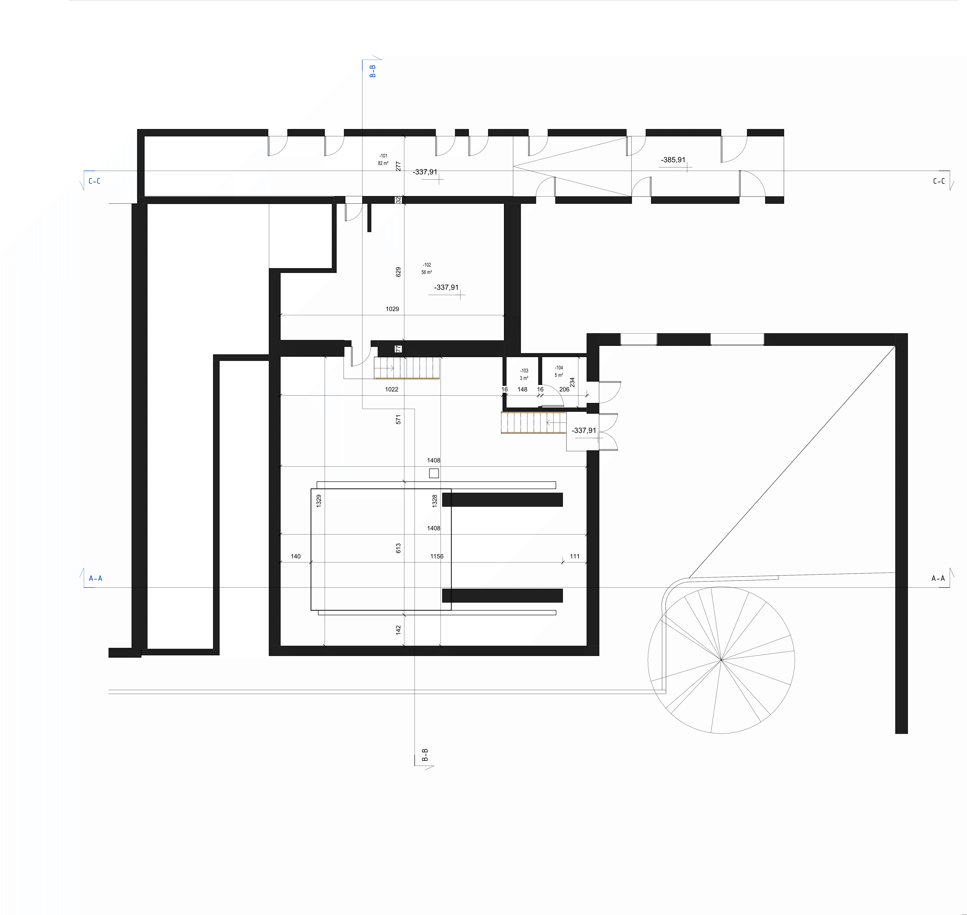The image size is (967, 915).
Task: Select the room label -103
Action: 524,371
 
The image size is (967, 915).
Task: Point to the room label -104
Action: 559,368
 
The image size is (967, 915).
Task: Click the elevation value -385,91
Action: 673,160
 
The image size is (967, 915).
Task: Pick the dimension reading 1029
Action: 392,309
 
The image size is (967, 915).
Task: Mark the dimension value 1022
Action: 392,389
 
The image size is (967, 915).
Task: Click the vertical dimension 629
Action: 398,272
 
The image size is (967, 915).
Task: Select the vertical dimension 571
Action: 398,419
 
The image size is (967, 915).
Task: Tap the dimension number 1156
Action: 437,556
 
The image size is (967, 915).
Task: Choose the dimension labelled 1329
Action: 319,501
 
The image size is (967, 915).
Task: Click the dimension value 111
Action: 575,556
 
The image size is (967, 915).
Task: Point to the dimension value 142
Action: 398,630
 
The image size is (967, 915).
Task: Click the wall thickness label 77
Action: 398,349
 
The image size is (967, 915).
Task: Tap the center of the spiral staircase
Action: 721,660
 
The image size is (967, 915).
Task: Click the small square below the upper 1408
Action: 434,473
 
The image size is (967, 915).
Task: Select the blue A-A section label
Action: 96,579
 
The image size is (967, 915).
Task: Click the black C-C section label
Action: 939,181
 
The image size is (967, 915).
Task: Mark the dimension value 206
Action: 564,389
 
